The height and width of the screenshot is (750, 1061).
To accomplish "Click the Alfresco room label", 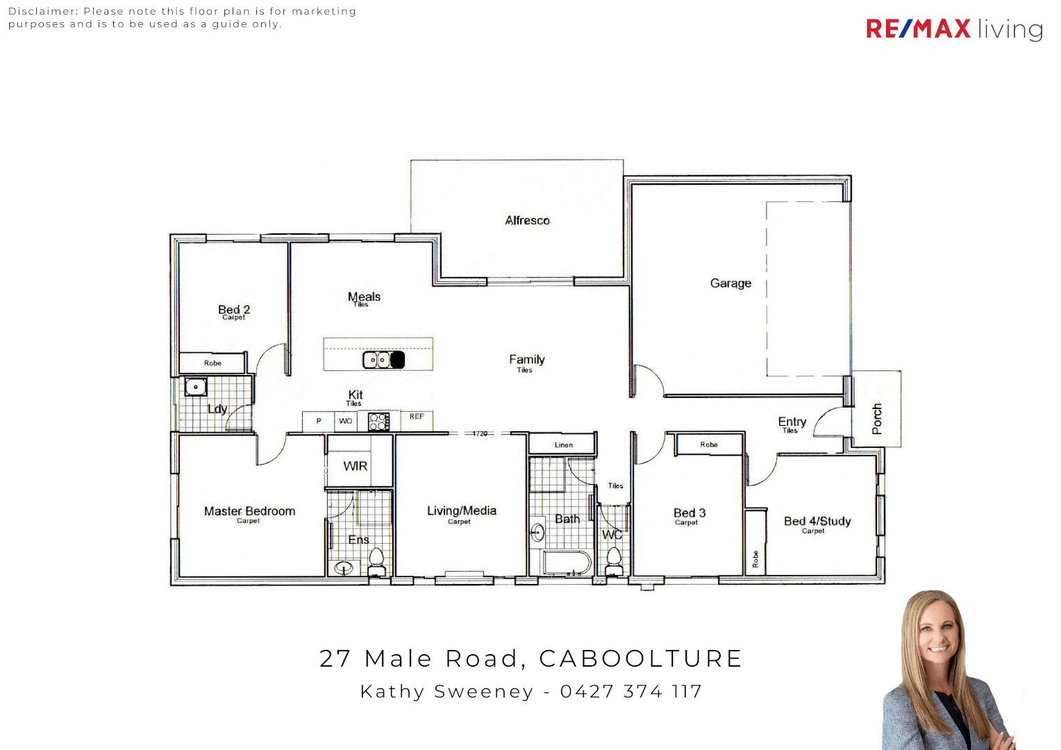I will (x=527, y=220).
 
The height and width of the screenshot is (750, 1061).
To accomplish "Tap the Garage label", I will (x=730, y=283).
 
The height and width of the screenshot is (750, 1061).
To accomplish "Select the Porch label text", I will (x=877, y=419).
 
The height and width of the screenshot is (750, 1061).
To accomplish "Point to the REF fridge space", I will (x=417, y=417).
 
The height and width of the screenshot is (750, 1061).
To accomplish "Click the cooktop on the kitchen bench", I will (x=378, y=421).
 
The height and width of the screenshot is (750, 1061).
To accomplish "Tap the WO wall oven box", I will (x=346, y=421).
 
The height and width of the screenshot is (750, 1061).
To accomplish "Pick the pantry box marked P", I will (x=319, y=421).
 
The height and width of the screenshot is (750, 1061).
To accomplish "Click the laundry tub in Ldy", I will (x=196, y=387).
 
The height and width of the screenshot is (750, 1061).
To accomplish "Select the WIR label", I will (x=356, y=466).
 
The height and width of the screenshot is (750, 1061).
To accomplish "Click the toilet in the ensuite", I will (x=376, y=560).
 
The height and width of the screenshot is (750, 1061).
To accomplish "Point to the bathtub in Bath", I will (x=567, y=562).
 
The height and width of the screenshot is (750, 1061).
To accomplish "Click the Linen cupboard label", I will (x=564, y=445).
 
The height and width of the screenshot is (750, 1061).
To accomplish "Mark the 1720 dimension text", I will (x=480, y=433).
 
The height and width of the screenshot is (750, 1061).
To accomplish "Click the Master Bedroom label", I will (x=249, y=511).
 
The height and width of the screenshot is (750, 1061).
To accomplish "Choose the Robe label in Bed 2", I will (x=212, y=363).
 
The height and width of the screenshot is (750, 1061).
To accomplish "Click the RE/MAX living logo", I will (x=954, y=29).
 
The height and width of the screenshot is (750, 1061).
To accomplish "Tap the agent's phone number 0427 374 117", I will (x=631, y=692).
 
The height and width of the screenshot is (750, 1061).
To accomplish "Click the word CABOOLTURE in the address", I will (x=641, y=658).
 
